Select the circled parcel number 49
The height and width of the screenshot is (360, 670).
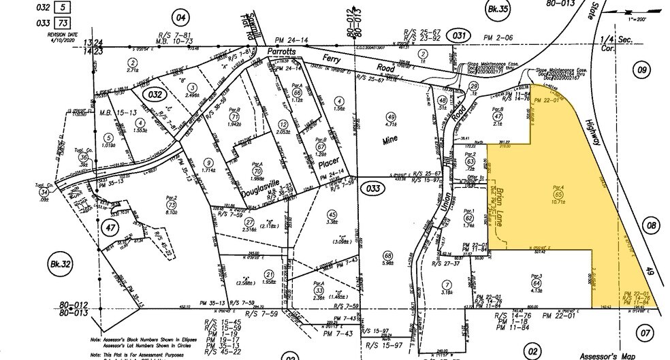(390, 116)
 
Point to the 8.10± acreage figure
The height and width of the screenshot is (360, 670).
(172, 211)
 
